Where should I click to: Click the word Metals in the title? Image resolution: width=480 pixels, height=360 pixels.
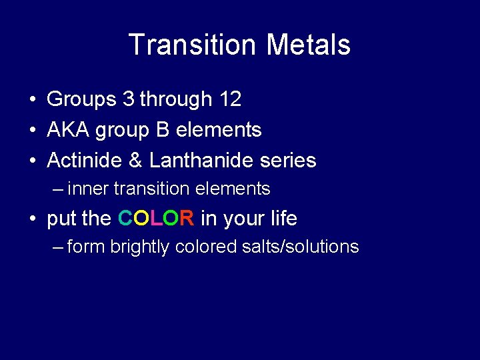[x=308, y=45]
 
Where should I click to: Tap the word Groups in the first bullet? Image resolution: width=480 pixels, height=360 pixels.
[x=81, y=100]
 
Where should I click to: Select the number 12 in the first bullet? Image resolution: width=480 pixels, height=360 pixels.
[x=230, y=99]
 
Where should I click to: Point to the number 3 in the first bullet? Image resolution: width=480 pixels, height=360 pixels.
[x=128, y=99]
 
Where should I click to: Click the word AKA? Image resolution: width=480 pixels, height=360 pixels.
[x=69, y=130]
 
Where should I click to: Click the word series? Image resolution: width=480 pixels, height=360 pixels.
[x=291, y=161]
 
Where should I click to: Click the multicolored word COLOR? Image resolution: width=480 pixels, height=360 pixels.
[x=156, y=218]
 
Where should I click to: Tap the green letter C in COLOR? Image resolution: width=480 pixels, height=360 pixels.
[x=125, y=218]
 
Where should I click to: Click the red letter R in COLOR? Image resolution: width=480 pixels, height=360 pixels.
[x=187, y=218]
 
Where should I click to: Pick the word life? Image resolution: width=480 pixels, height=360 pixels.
[x=282, y=218]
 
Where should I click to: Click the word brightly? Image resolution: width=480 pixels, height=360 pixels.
[x=139, y=247]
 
